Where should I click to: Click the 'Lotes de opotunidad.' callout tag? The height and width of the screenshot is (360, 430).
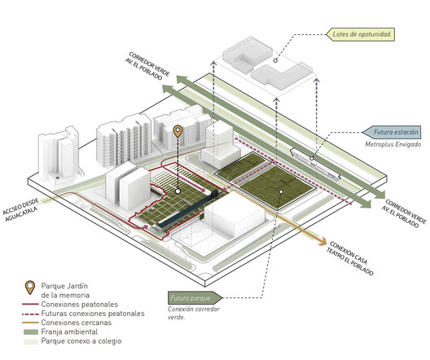tap(360, 34)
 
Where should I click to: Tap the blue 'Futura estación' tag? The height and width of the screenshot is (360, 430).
tap(392, 132)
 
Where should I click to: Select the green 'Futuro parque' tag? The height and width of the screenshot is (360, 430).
tap(195, 298)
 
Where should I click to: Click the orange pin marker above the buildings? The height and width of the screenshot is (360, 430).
tap(178, 131)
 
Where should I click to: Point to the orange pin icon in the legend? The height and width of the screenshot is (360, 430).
tap(29, 288)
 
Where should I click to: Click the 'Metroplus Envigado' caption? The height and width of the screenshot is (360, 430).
tap(393, 144)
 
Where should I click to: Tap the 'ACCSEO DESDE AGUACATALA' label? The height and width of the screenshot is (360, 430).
tap(20, 210)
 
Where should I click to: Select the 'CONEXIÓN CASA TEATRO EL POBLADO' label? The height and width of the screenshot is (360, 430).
tap(349, 257)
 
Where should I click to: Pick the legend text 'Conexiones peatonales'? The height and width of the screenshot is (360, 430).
tap(80, 305)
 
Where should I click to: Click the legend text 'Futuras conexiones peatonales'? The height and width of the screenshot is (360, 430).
tap(93, 314)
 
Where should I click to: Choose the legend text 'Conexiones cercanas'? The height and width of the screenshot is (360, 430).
tap(77, 323)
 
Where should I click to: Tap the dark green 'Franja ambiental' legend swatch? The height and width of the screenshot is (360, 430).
tap(31, 332)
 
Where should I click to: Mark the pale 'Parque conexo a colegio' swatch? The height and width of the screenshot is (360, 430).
tap(31, 341)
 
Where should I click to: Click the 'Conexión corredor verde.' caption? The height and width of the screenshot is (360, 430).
tap(194, 313)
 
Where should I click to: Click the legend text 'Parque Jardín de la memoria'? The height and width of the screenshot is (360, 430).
tap(65, 290)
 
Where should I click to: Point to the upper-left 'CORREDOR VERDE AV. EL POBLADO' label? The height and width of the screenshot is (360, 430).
tap(147, 66)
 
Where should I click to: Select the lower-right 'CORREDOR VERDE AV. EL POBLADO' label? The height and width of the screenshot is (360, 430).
tap(404, 213)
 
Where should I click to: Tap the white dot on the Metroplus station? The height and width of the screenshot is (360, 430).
tap(312, 158)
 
